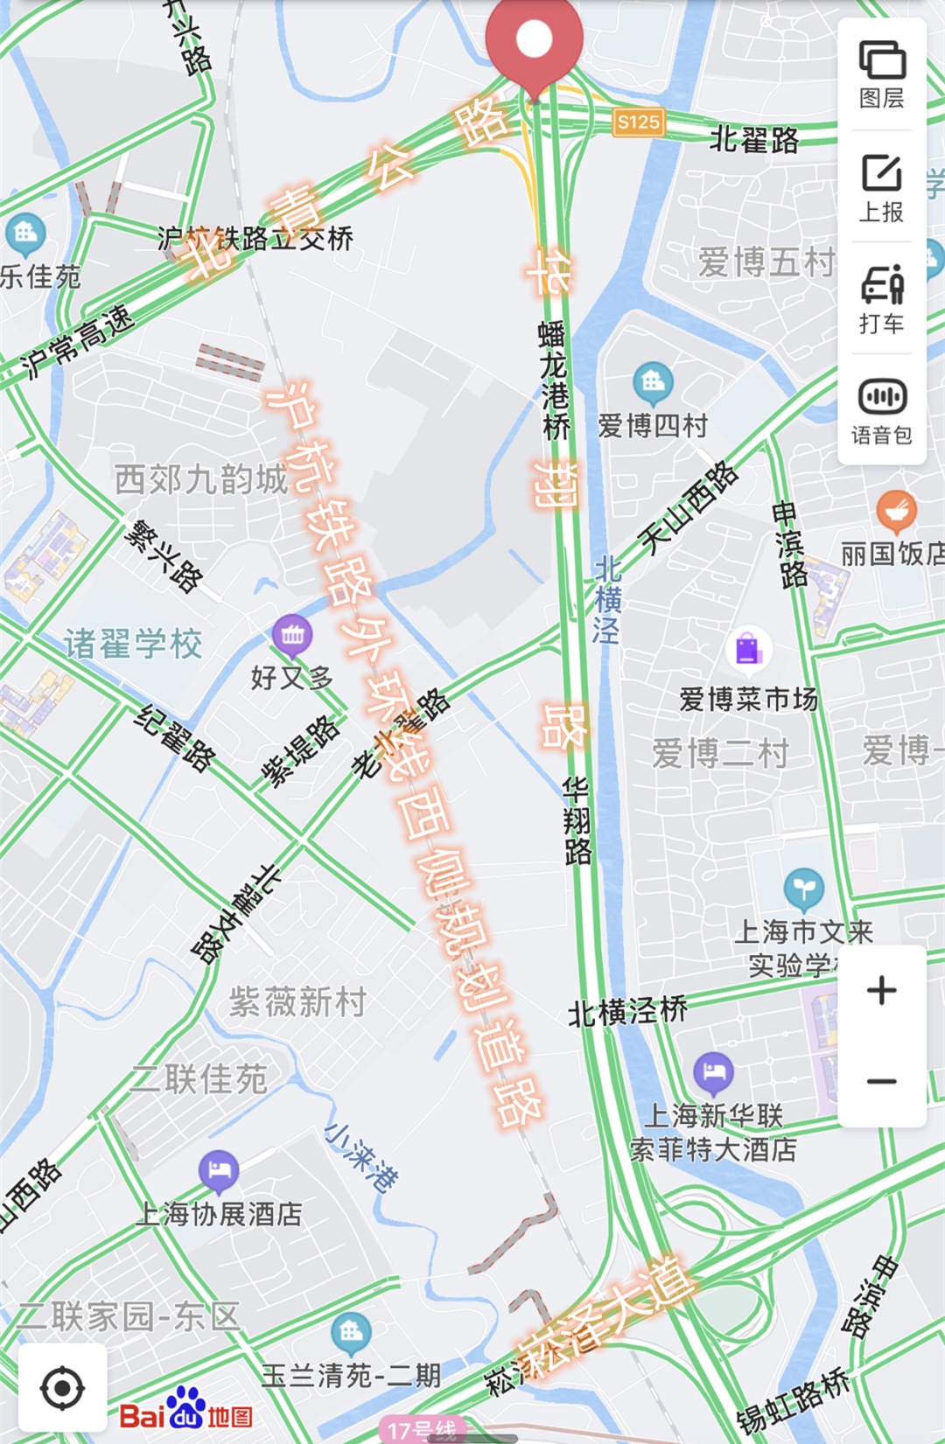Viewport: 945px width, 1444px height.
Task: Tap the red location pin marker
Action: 534,42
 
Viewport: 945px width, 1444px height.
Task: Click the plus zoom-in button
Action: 882,991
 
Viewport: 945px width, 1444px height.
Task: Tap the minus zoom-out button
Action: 882,1082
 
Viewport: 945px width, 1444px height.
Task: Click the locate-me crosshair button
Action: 63,1388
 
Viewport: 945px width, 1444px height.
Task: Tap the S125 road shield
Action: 638,122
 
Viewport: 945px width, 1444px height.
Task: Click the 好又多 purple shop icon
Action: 292,636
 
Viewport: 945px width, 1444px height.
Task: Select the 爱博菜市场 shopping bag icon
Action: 748,649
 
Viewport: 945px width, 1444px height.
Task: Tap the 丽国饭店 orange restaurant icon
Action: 896,511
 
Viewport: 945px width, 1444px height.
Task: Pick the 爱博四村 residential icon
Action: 653,382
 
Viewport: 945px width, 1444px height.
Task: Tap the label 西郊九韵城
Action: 201,480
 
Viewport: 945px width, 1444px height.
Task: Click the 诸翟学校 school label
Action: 133,645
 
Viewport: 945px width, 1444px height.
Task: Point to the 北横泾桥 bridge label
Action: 628,1012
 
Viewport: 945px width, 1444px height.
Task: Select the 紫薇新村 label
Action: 297,1002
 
